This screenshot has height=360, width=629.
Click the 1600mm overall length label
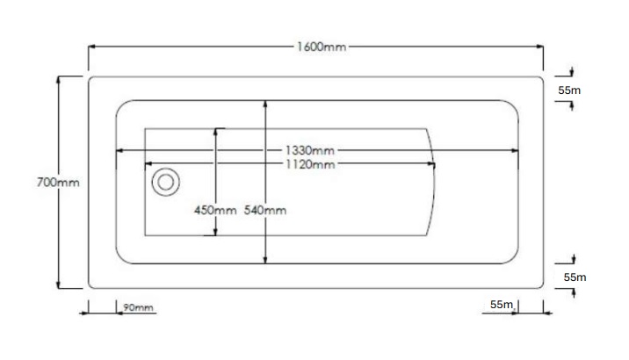tap(322, 47)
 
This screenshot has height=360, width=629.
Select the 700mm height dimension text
tap(58, 183)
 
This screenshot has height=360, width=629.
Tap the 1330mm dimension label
tap(310, 151)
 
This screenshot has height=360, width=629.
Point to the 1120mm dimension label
tap(310, 164)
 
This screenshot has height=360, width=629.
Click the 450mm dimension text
tap(215, 210)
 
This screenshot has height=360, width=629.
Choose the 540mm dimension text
tap(265, 210)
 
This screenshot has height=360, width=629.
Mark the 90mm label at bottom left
tap(138, 307)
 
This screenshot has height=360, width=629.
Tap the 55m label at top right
tap(569, 90)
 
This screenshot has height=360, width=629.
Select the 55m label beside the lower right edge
tap(575, 277)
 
